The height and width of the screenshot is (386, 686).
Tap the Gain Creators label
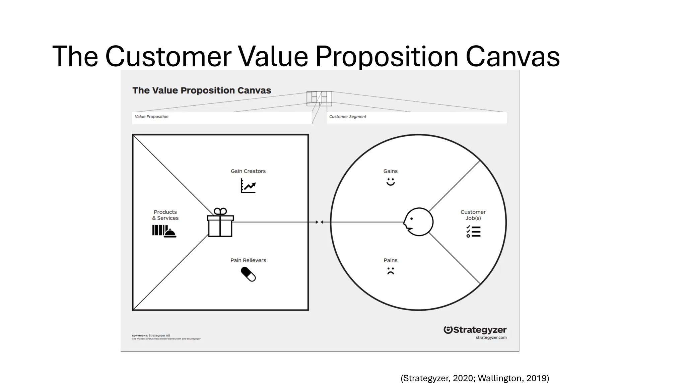coord(248,171)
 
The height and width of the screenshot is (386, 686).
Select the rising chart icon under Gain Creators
coord(248,186)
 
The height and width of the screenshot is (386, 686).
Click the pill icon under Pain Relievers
coord(248,274)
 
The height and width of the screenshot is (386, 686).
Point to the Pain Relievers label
coord(248,260)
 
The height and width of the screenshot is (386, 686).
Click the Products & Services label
coord(165,215)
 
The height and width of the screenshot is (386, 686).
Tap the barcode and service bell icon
coord(164,231)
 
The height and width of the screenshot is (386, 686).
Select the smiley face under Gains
coord(391,182)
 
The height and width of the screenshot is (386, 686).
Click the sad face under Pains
coord(391,271)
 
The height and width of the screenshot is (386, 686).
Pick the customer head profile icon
coord(418,222)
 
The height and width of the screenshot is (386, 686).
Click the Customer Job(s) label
coord(473,215)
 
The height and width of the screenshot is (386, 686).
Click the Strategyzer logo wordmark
coord(475,330)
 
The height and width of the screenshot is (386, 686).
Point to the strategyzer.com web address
coord(491,338)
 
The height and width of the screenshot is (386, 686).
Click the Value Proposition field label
coord(151,117)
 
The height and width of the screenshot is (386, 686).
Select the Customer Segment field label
coord(348,117)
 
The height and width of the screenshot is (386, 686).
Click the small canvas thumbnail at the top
coord(319,99)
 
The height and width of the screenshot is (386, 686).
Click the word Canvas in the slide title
coord(512,56)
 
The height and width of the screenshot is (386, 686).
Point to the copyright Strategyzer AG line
coord(151,335)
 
